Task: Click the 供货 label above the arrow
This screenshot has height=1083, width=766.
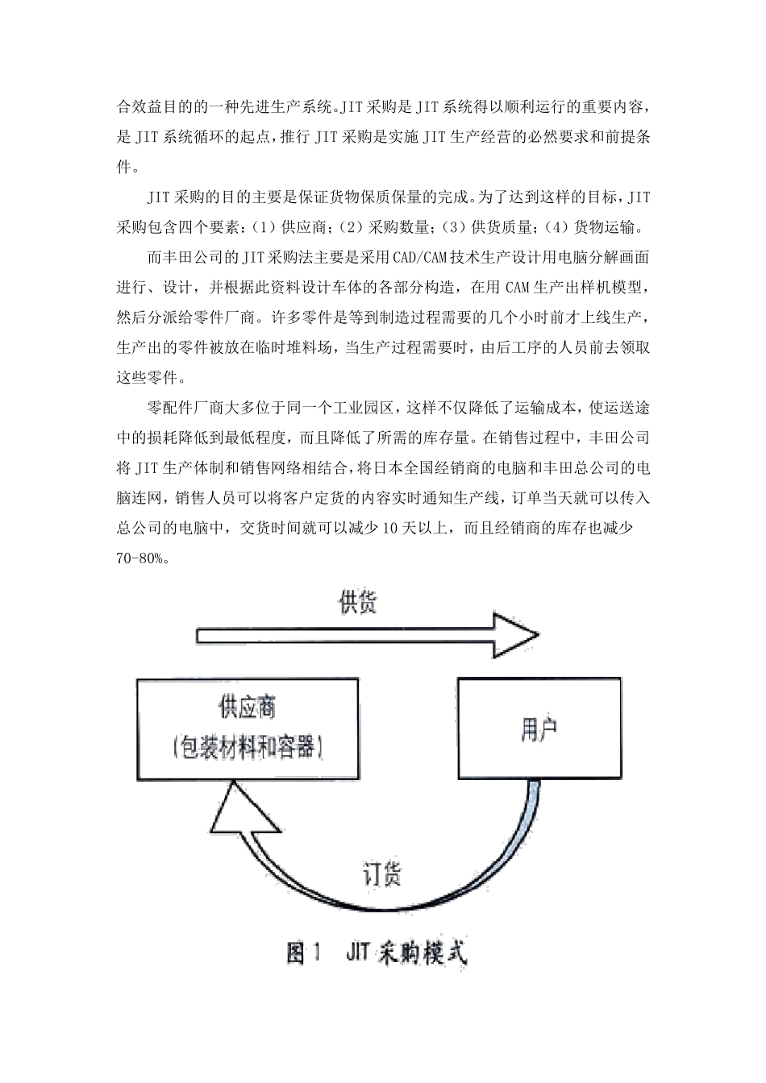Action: coord(358,603)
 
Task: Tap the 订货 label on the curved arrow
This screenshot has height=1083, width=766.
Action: coord(381,875)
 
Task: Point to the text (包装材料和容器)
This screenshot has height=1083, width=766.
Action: coord(248,747)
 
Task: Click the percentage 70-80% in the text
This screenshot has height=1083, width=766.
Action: coord(141,558)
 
